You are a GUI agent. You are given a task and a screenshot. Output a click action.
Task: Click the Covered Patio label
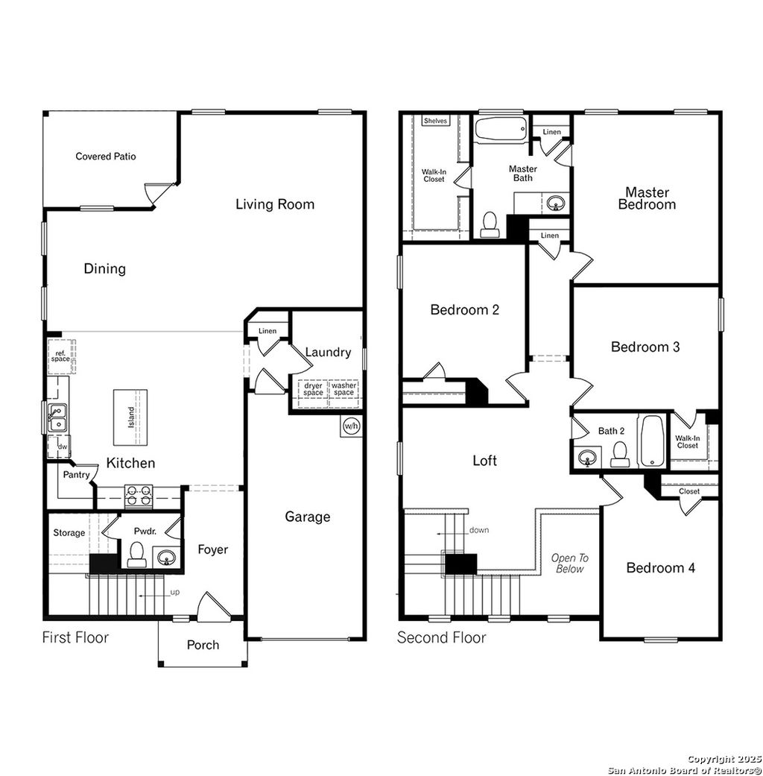pyautogui.click(x=106, y=157)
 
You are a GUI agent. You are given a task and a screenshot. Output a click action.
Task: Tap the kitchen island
pyautogui.click(x=130, y=415)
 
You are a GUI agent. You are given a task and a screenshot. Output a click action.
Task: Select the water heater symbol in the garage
pyautogui.click(x=351, y=426)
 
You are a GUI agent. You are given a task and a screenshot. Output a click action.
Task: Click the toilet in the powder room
pyautogui.click(x=137, y=555)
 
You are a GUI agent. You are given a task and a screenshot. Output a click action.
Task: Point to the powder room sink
pyautogui.click(x=168, y=557)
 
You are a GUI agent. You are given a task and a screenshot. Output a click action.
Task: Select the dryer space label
pyautogui.click(x=313, y=389)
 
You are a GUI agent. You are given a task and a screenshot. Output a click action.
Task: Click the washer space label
pyautogui.click(x=343, y=389)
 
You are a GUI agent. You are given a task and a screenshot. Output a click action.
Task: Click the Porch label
pyautogui.click(x=203, y=644)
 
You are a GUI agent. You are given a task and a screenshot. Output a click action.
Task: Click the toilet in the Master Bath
pyautogui.click(x=490, y=224)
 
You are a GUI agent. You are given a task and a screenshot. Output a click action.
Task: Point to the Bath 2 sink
pyautogui.click(x=588, y=455)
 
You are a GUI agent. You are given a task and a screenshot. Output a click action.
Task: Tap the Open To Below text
pyautogui.click(x=569, y=563)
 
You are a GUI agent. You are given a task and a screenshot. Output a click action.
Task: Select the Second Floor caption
pyautogui.click(x=441, y=637)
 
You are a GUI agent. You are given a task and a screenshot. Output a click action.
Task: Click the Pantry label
pyautogui.click(x=76, y=475)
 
